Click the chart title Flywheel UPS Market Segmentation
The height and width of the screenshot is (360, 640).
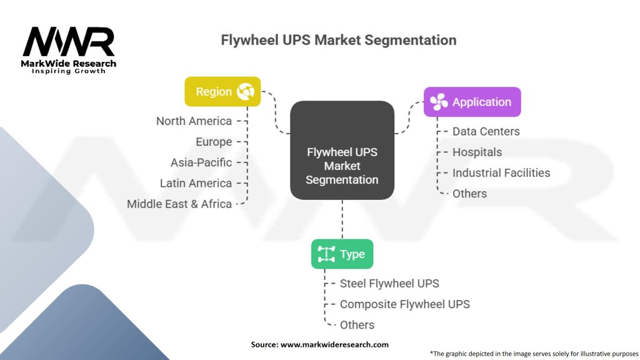[x=338, y=41]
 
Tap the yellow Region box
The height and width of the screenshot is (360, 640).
[x=222, y=91]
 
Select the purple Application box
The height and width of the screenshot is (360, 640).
[x=472, y=102]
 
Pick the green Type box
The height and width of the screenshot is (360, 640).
[x=342, y=254]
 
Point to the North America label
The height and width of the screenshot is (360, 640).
[x=194, y=121]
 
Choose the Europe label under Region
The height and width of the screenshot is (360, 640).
[x=213, y=142]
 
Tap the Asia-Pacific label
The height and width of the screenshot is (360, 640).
[x=201, y=162]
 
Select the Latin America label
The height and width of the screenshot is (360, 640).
[x=196, y=183]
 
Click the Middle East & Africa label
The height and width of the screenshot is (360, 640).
[x=179, y=204]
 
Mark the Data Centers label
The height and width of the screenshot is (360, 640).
[x=486, y=131]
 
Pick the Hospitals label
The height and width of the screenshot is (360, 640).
[x=477, y=152]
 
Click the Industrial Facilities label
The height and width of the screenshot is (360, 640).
[x=501, y=172]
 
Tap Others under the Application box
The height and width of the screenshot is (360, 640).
[x=469, y=193]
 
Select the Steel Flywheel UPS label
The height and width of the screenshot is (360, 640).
[x=389, y=283]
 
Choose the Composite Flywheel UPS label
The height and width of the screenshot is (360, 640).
[x=404, y=304]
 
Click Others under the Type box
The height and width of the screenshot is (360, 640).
[x=357, y=324]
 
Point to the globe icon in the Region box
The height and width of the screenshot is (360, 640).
[x=245, y=92]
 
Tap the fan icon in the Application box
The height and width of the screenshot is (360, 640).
[x=439, y=102]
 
